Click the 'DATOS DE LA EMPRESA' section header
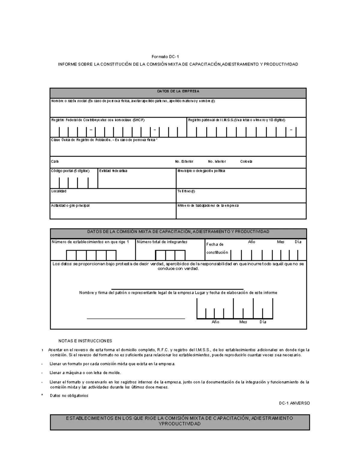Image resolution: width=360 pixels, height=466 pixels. [x=178, y=91]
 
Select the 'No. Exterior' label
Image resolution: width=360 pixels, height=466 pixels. [x=184, y=161]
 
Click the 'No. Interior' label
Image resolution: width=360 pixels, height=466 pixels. [x=217, y=161]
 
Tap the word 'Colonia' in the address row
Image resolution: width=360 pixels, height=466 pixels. [x=246, y=161]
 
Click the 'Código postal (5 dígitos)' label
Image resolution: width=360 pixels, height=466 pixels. [x=70, y=171]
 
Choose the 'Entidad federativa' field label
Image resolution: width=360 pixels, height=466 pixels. [x=113, y=171]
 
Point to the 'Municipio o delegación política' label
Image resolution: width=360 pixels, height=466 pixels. [x=201, y=171]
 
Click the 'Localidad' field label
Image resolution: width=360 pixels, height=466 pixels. [x=59, y=191]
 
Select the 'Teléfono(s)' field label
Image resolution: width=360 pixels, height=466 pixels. [x=186, y=191]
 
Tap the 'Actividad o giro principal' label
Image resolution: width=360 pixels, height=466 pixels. [x=70, y=206]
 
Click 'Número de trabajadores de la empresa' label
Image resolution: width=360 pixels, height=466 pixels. [x=208, y=206]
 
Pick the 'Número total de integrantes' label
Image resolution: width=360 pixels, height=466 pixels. [x=162, y=242]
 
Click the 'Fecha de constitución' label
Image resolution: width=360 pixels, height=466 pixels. [x=217, y=248]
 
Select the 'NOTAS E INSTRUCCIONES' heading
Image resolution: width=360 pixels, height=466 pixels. [x=85, y=341]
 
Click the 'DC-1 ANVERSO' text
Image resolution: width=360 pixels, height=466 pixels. [x=294, y=403]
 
